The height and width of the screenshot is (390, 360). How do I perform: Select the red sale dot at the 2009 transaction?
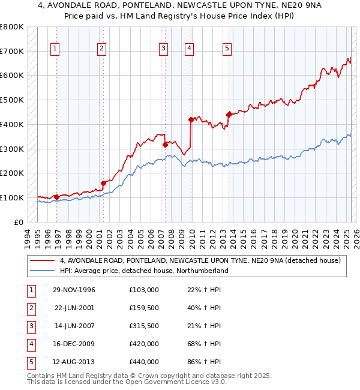191,119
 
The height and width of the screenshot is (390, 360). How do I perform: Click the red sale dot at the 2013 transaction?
229,114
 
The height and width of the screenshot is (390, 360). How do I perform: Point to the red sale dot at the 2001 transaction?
103,183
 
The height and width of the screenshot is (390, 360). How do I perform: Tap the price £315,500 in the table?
144,326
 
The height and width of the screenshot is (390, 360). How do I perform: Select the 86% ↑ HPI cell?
204,362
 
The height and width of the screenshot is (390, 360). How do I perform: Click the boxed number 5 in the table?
30,362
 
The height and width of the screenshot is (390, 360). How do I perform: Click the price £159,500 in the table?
144,308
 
